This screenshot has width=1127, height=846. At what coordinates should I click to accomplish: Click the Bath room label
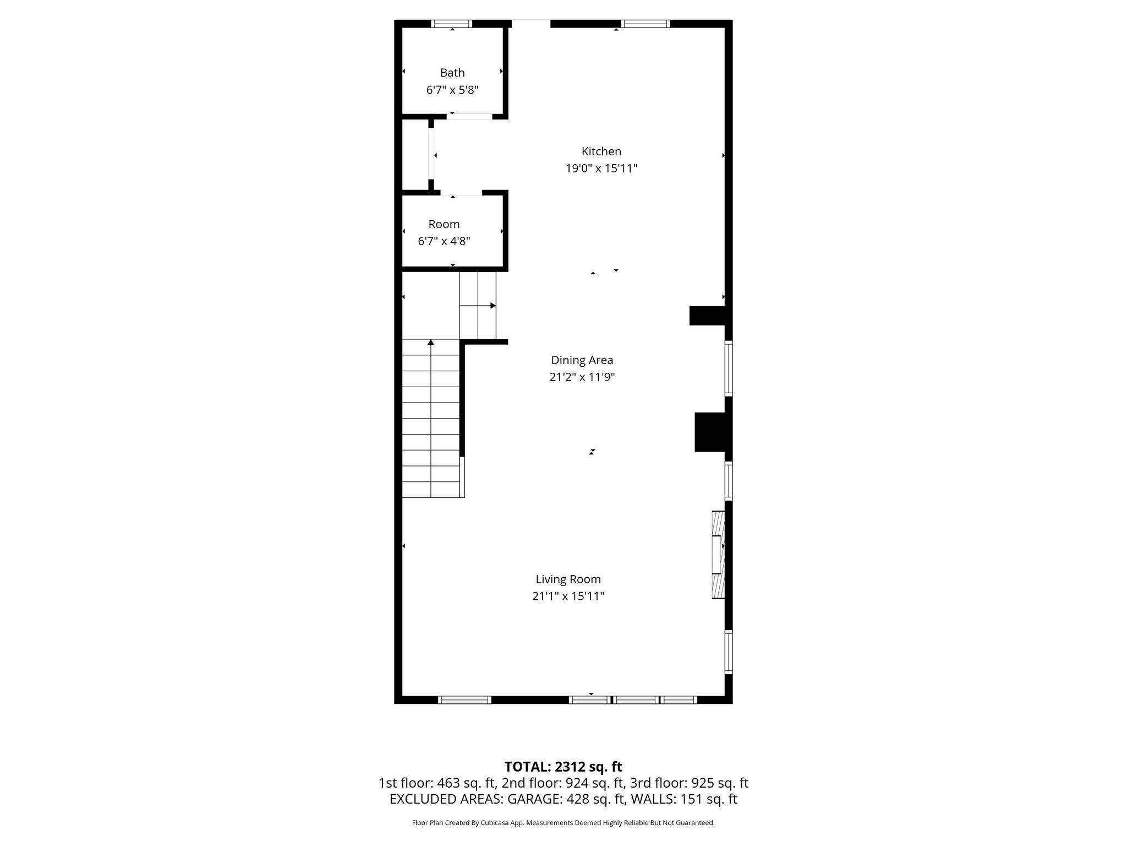point(452,73)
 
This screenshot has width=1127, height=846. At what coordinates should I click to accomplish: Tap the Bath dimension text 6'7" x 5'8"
point(452,90)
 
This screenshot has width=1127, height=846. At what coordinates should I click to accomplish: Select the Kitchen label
point(601,151)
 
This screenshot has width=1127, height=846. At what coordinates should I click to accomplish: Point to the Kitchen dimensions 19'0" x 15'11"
point(601,169)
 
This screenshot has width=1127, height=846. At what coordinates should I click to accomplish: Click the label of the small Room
point(444,224)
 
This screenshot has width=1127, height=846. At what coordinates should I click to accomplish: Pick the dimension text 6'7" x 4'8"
point(444,241)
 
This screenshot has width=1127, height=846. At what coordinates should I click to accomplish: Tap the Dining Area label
point(582,360)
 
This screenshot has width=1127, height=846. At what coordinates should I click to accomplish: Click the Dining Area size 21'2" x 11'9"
point(582,377)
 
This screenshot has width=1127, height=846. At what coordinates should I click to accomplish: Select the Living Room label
point(568,579)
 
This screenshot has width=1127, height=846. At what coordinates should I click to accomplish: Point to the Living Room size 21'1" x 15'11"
point(568,596)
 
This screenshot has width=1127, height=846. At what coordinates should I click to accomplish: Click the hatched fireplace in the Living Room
point(718,555)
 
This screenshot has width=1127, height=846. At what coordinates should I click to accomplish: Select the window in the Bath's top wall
point(452,24)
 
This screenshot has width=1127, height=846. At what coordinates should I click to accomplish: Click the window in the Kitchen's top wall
point(645,24)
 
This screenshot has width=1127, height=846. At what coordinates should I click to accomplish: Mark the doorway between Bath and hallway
point(469,116)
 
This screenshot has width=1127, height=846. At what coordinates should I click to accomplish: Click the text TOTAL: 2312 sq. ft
point(563,767)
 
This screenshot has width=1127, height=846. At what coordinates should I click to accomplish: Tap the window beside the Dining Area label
point(729,368)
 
